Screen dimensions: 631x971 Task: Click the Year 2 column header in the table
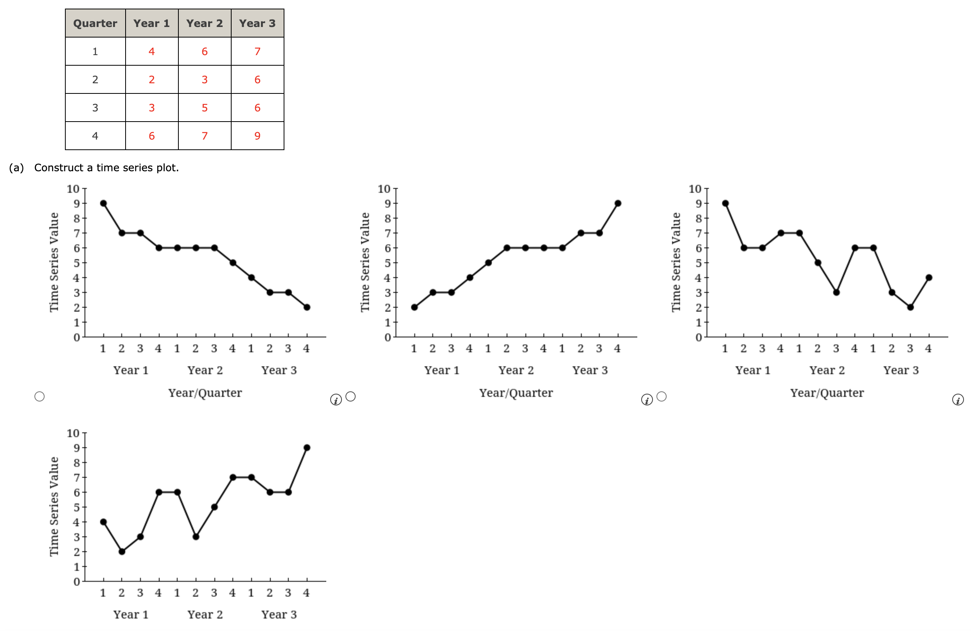[204, 23]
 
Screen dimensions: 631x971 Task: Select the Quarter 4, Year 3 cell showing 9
[257, 136]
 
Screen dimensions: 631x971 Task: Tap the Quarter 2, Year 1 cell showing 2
[151, 79]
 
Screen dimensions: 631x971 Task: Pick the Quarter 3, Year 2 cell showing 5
[204, 108]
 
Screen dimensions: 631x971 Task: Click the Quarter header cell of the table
[95, 23]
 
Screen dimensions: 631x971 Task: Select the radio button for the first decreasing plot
[40, 396]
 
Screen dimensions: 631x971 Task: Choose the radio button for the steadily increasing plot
[351, 396]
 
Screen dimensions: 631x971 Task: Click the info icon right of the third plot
[958, 400]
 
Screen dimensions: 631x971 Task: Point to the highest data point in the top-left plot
[103, 203]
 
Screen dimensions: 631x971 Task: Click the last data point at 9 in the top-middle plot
[618, 203]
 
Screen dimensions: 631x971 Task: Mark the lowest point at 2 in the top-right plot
[910, 307]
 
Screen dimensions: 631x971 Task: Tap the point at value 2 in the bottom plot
[122, 552]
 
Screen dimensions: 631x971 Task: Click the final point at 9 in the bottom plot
[307, 448]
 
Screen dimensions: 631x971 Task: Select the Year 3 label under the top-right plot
[901, 370]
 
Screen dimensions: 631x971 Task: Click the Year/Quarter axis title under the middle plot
[516, 393]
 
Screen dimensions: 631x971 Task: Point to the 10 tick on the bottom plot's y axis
[73, 433]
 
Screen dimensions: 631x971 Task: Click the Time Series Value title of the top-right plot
[676, 262]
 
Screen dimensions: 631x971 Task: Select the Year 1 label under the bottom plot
[131, 614]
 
